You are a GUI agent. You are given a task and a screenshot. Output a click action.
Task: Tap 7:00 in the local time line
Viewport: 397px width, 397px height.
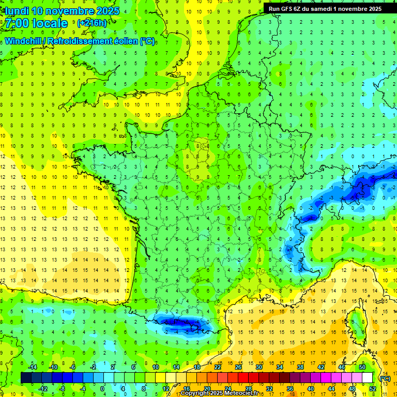click(x=18, y=23)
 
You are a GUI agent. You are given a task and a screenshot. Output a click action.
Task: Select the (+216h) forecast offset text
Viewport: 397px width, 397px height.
click(x=91, y=23)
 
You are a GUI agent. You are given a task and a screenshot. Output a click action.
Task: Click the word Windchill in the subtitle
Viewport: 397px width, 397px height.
click(x=23, y=41)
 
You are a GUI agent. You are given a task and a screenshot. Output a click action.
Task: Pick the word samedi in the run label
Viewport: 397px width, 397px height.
click(x=322, y=8)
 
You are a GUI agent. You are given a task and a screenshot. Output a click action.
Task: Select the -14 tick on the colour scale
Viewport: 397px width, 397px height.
click(x=33, y=367)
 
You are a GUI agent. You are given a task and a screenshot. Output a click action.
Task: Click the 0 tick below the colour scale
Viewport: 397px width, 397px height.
click(x=102, y=389)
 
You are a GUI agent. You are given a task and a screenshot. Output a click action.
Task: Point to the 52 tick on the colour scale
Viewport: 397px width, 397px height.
click(x=373, y=389)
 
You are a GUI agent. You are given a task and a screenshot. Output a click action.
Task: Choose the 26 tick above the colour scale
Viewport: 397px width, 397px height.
click(x=238, y=367)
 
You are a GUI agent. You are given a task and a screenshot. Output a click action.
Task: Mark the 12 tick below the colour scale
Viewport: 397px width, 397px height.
click(x=166, y=389)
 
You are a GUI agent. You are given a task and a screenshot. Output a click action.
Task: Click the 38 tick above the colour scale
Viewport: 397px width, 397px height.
click(x=300, y=367)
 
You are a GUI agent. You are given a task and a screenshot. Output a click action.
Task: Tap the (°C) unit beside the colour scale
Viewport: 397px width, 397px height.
click(x=385, y=378)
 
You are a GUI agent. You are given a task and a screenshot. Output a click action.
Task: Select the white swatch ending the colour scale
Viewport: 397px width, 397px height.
click(x=368, y=378)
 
